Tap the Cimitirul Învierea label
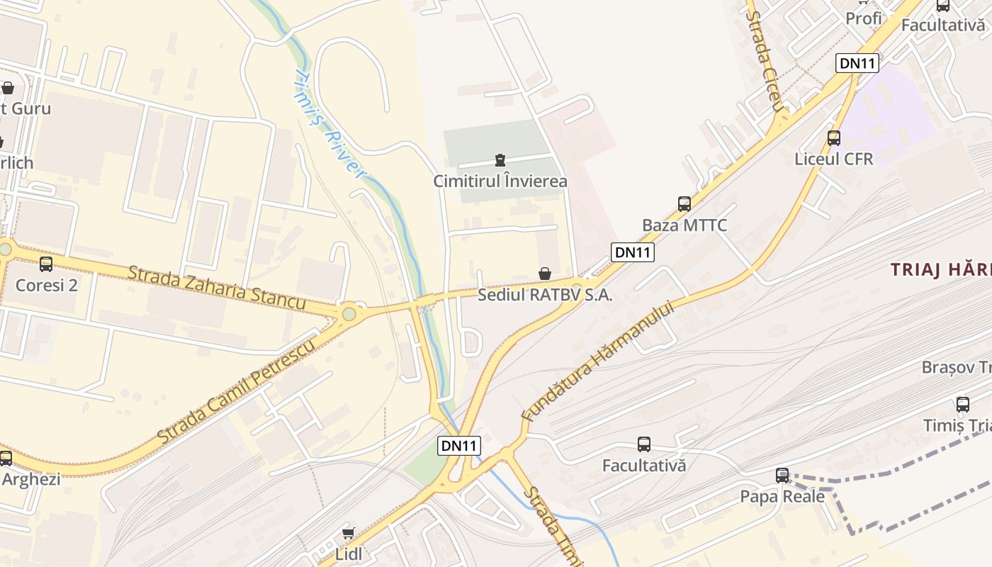point(500,181)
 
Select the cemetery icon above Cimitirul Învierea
point(500,159)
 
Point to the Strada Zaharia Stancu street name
point(217,287)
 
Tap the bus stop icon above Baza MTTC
point(684,204)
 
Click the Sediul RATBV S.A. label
point(544,296)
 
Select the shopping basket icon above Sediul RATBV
point(545,274)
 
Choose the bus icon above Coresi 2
point(46,264)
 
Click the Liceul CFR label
point(834,159)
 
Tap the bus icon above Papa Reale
point(782,475)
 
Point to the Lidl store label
point(348,554)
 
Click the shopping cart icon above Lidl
point(348,533)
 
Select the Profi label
point(864,18)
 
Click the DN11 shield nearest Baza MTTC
point(632,252)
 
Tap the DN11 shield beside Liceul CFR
point(857,63)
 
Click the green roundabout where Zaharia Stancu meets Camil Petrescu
point(349,314)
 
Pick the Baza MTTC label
point(684,225)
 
